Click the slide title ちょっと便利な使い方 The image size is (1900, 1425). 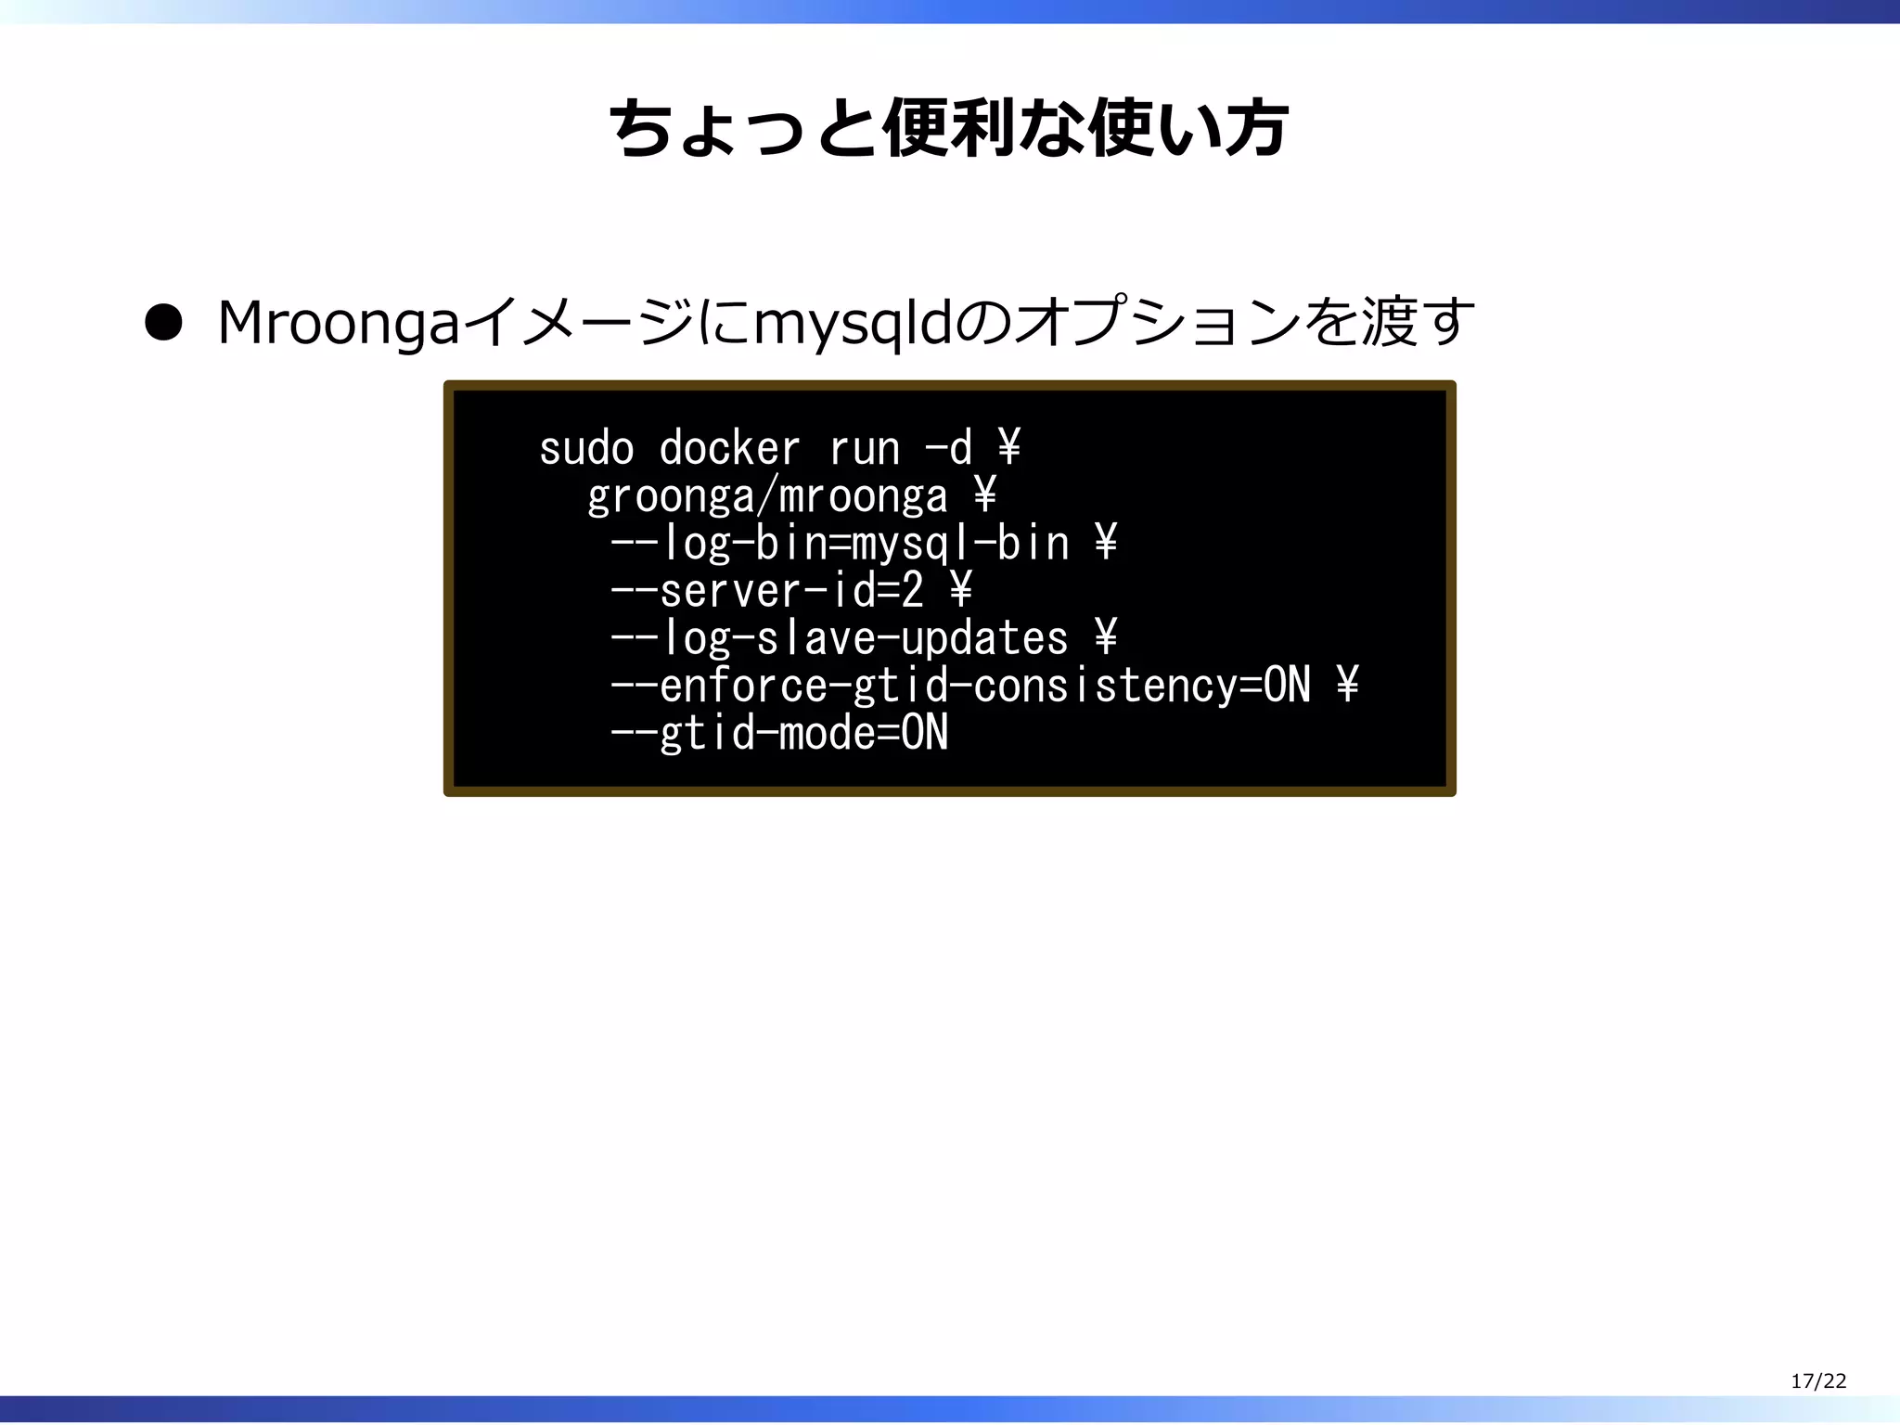point(948,129)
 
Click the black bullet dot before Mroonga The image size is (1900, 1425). point(163,324)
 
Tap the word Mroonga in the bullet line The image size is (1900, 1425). point(339,324)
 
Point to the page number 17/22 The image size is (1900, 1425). point(1818,1380)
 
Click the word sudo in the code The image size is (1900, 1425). point(586,449)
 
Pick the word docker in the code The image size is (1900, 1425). point(729,449)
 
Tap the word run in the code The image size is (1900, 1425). point(865,449)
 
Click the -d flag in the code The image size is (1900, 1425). point(948,449)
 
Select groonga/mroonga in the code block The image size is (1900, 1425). point(767,496)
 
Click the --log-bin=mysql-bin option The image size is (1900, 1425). point(840,544)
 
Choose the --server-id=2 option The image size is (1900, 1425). point(767,591)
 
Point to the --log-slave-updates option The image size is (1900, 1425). point(840,638)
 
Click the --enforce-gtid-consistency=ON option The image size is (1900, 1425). point(960,686)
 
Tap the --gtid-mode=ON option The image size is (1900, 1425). point(779,733)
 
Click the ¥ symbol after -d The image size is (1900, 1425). point(1009,449)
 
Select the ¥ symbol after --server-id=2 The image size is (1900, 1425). point(961,591)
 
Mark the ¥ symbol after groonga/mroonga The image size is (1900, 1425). point(985,496)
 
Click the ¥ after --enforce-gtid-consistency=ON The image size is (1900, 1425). point(1347,686)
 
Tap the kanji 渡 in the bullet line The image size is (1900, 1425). point(1388,324)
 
